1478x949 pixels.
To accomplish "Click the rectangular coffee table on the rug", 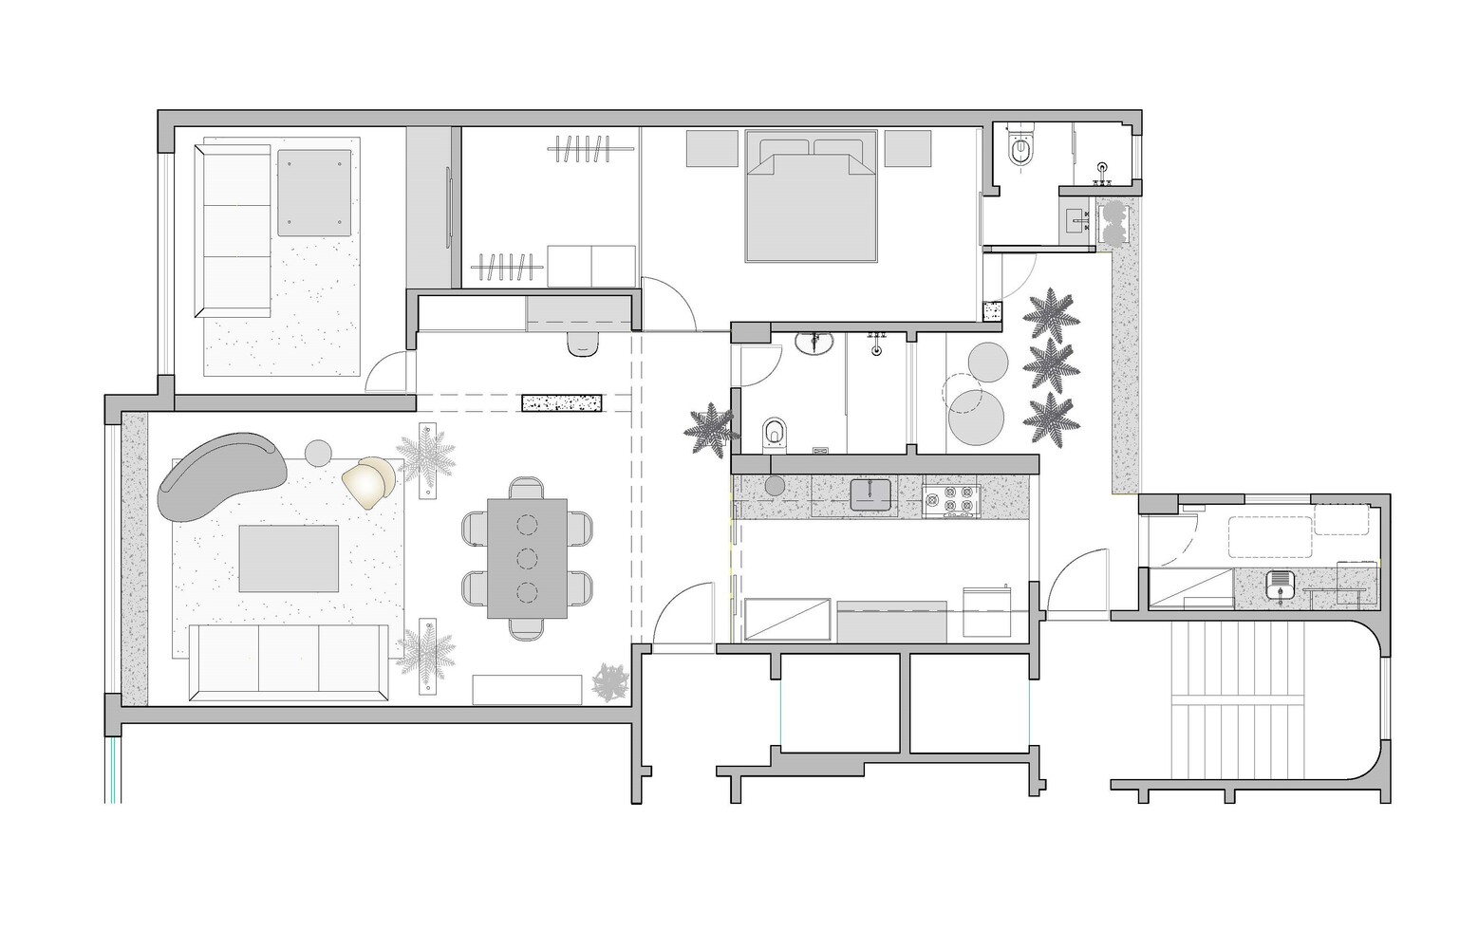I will point(289,559).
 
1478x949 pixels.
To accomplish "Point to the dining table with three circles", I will point(527,558).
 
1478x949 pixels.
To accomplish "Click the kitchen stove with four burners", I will point(952,500).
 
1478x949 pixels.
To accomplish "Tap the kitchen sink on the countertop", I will point(870,494).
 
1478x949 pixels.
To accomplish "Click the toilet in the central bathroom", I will point(775,434).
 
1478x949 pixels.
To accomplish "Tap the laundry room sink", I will point(1279,583).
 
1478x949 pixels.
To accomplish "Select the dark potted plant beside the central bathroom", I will point(710,431).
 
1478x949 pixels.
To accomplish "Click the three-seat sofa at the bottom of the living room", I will point(289,661).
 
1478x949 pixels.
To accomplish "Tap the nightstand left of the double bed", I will point(712,148).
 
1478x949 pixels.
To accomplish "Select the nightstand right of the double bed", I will point(907,148).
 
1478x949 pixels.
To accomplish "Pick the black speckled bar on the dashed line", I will point(562,402).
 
